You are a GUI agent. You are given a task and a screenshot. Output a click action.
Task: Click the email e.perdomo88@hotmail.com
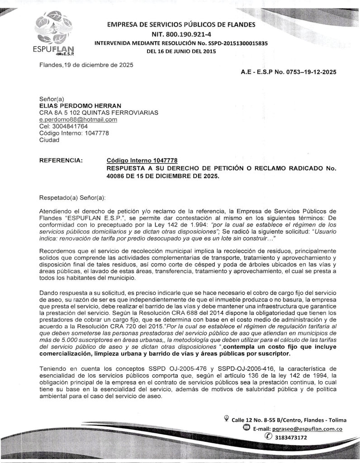(x=72, y=119)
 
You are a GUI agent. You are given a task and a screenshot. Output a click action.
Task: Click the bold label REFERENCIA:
(x=61, y=161)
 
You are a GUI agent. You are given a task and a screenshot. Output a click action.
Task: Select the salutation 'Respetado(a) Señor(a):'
(x=72, y=198)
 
